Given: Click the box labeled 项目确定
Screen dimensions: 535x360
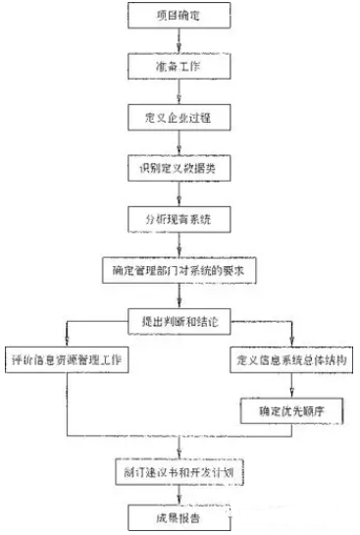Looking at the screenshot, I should click(179, 16).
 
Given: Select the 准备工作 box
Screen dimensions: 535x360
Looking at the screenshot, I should click(179, 65).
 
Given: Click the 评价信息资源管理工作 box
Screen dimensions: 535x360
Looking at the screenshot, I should click(68, 360).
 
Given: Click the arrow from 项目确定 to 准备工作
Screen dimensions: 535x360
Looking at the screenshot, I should click(179, 40).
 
